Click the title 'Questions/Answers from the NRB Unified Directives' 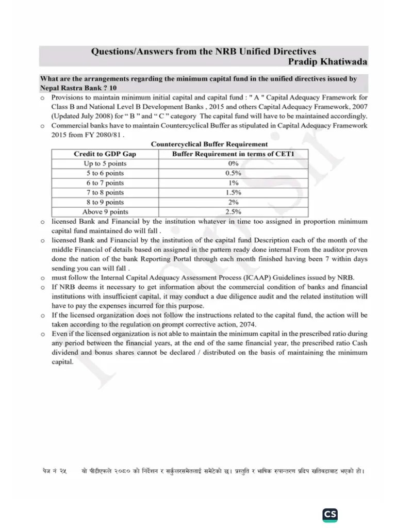[x=204, y=52]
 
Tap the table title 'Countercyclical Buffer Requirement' [x=209, y=144]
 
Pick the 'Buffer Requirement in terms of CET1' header [x=233, y=154]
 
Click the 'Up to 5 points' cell [x=105, y=163]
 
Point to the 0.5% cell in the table [x=233, y=173]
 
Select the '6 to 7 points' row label [x=105, y=183]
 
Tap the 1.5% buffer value [x=233, y=192]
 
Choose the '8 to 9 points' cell [x=105, y=202]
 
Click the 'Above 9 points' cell [x=105, y=212]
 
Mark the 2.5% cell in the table [x=233, y=212]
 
